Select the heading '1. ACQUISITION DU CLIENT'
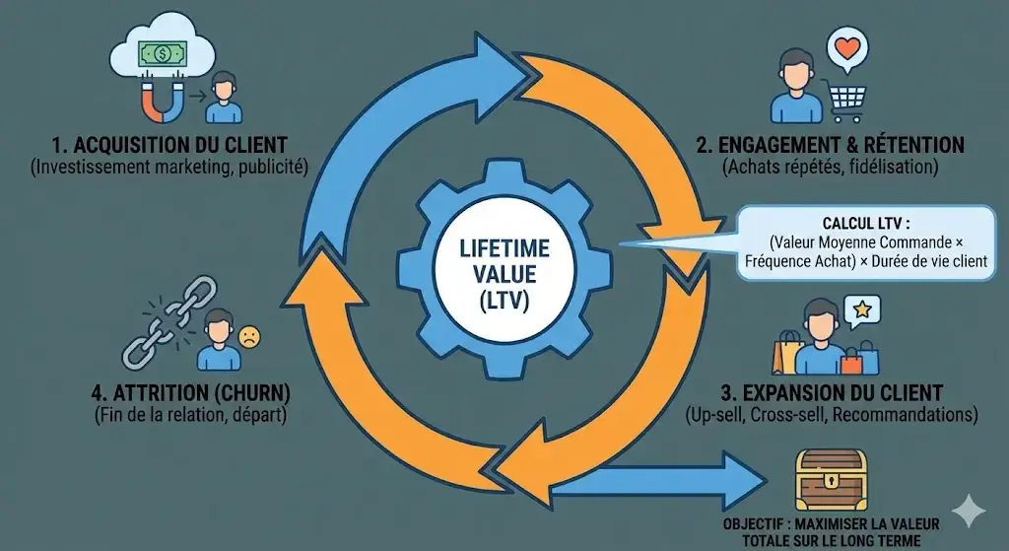pos(168,145)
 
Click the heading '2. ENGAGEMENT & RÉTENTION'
pos(830,145)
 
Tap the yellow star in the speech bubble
pos(863,310)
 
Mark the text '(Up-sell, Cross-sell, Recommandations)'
pos(831,415)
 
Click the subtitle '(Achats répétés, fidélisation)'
pos(830,169)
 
